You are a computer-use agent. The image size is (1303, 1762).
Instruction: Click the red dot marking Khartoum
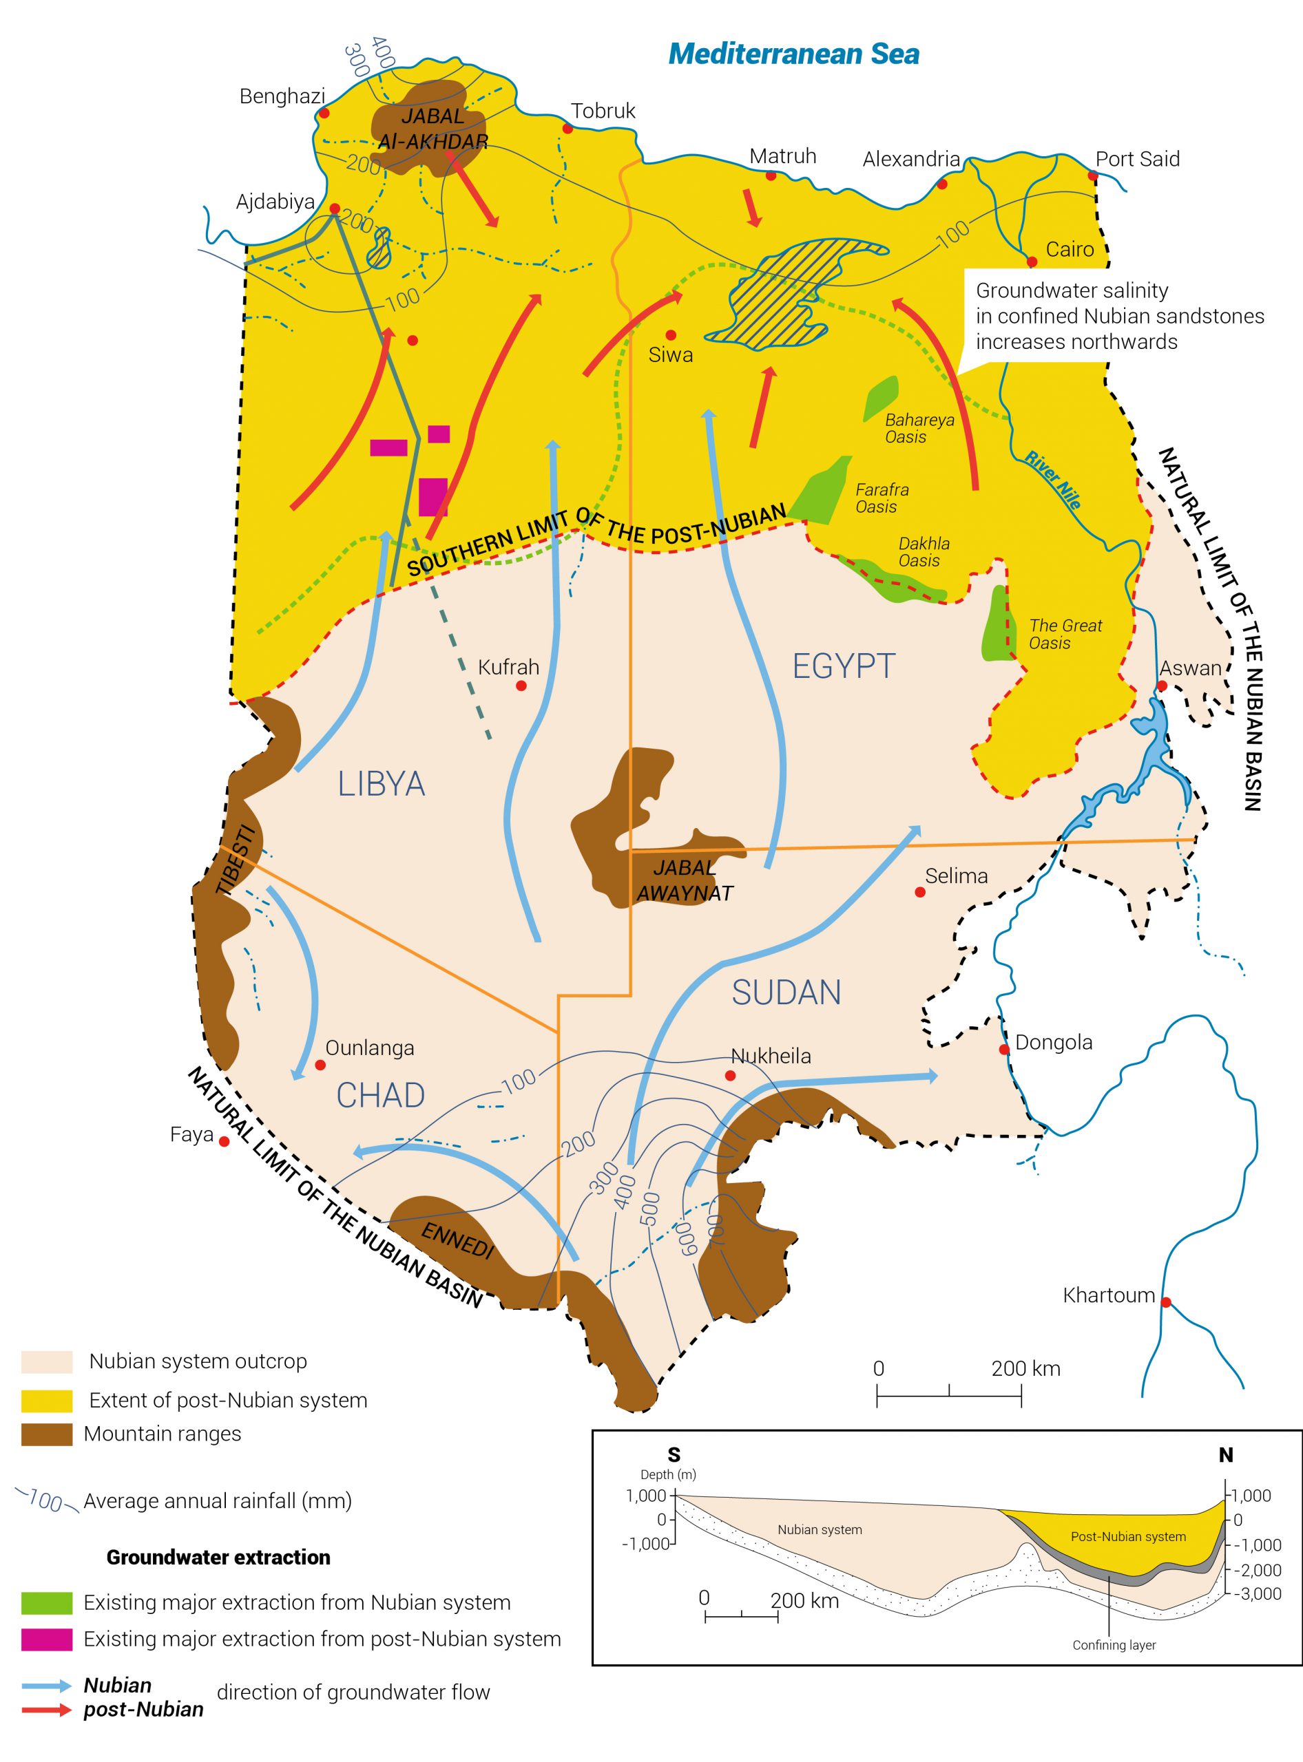(1166, 1302)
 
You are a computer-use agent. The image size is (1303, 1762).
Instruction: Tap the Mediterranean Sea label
(793, 54)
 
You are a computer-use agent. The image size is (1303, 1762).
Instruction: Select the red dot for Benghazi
(324, 114)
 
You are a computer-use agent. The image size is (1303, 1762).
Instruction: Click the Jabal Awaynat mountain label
(685, 880)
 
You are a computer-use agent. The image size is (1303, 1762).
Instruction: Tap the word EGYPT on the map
(844, 666)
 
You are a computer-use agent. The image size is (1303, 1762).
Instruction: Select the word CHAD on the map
(380, 1095)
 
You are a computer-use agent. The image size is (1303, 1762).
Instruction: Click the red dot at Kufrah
(521, 686)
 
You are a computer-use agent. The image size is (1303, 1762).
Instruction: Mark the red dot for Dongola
(1004, 1050)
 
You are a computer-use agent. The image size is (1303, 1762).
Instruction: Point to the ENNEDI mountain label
(457, 1242)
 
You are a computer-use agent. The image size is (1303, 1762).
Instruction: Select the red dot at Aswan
(1162, 686)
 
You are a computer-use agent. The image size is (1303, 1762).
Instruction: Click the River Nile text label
(1053, 479)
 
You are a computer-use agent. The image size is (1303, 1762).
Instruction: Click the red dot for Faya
(224, 1140)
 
